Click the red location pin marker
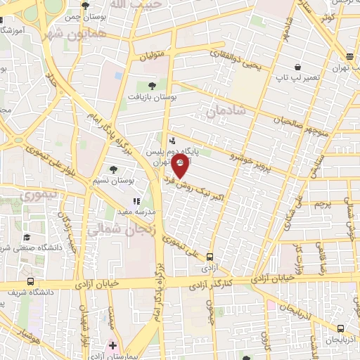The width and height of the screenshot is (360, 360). pos(181,168)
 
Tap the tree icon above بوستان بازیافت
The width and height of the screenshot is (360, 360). pos(153,86)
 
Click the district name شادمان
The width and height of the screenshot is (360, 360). pos(226,111)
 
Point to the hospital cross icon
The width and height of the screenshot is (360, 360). pos(112,345)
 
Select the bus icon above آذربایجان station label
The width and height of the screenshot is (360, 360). pos(341,328)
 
